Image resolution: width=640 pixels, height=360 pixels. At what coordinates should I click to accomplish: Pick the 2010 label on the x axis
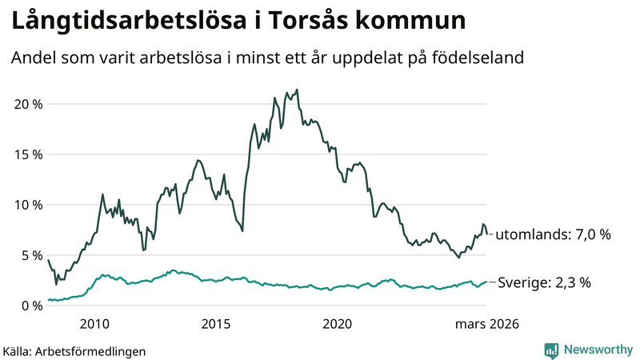click(94, 324)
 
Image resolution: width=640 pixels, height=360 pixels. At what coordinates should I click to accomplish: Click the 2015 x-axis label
click(216, 324)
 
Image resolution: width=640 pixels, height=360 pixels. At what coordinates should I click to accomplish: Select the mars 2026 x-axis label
click(487, 324)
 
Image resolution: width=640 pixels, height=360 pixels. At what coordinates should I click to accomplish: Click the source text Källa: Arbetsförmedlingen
click(74, 350)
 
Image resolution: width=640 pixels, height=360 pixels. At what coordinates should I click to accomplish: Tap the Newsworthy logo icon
click(551, 350)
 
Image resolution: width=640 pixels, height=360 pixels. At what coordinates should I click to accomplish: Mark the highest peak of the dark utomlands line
click(297, 90)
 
